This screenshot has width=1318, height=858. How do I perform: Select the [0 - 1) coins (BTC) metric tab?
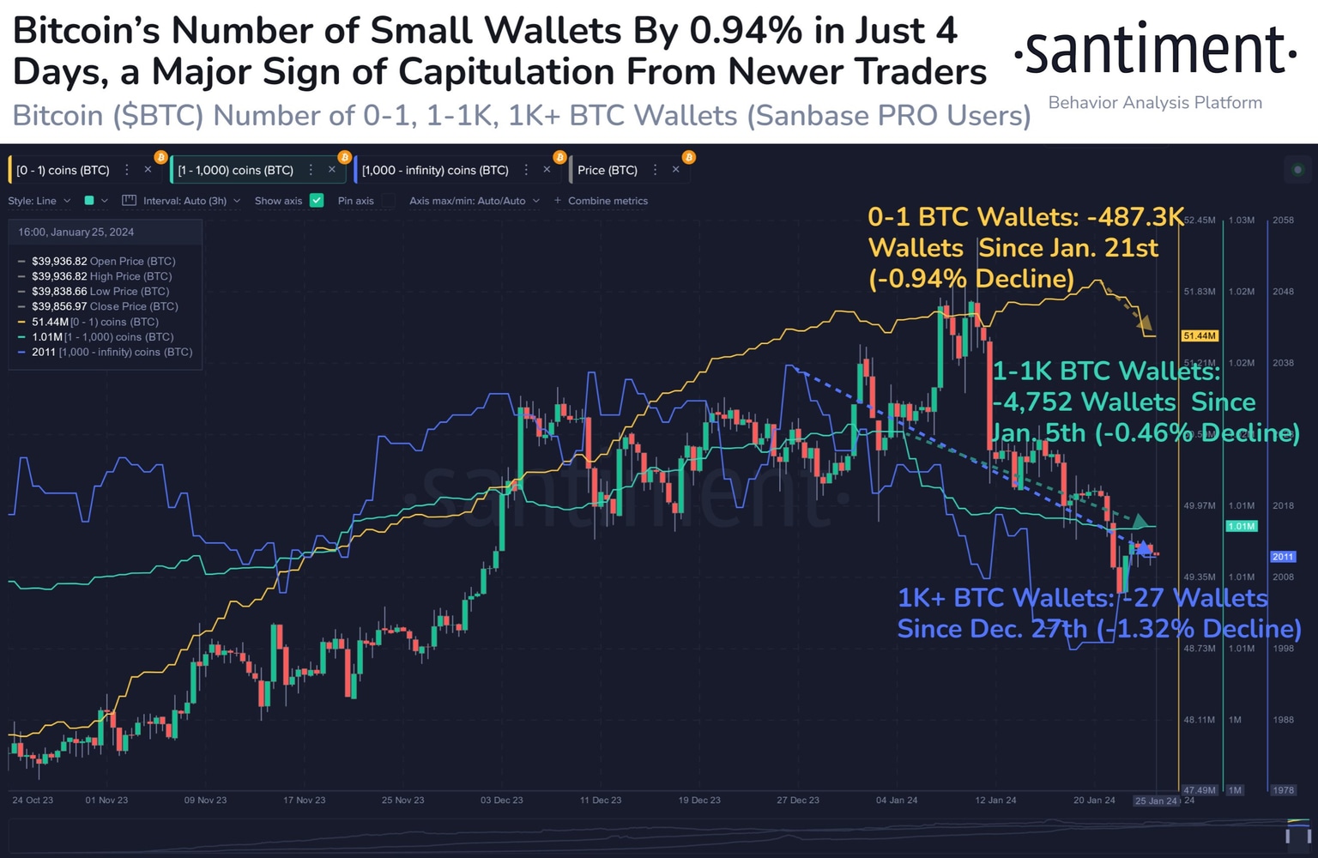pos(63,170)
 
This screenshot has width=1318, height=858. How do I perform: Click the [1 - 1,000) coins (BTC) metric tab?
pos(235,170)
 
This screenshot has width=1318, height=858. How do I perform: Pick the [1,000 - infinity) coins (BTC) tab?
pos(435,170)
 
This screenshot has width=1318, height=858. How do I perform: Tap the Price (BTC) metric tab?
pos(608,170)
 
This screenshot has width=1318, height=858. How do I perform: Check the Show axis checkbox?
pos(317,201)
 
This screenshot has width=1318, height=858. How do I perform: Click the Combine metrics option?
pos(607,201)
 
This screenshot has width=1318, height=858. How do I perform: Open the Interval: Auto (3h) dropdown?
pos(184,201)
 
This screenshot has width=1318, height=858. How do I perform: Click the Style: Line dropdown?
pos(39,201)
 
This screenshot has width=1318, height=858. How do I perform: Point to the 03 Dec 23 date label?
pos(502,800)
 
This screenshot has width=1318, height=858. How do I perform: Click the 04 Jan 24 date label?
pos(897,800)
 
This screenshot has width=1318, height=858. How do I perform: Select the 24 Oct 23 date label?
pos(33,800)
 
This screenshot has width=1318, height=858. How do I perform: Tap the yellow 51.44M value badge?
pos(1199,335)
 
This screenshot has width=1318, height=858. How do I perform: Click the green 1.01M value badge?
pos(1241,526)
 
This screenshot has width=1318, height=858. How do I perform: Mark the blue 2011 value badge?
pos(1283,557)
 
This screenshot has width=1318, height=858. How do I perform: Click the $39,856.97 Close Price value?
pos(59,306)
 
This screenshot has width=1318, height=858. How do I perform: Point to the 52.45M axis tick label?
pos(1199,221)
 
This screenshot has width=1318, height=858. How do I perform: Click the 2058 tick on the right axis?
pos(1283,221)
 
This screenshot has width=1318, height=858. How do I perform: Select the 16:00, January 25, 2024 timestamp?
pos(76,232)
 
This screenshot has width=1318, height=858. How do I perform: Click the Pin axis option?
pos(355,201)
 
